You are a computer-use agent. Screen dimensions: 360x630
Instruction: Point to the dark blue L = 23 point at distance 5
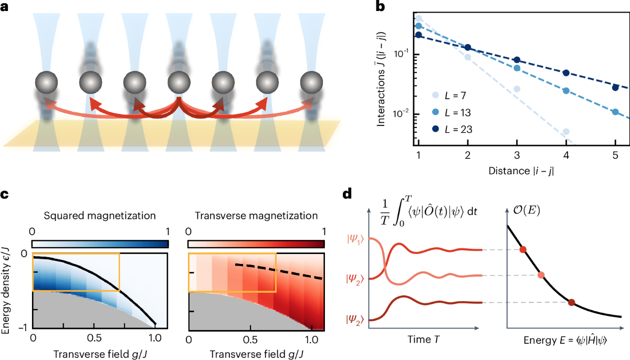pyautogui.click(x=615, y=87)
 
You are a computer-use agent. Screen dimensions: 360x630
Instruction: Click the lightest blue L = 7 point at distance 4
pyautogui.click(x=566, y=132)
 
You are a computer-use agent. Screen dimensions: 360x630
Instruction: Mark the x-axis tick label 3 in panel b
pyautogui.click(x=517, y=157)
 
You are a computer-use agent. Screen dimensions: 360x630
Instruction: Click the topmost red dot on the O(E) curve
pyautogui.click(x=522, y=249)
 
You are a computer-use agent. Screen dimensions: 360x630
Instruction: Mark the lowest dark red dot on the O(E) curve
pyautogui.click(x=571, y=302)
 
